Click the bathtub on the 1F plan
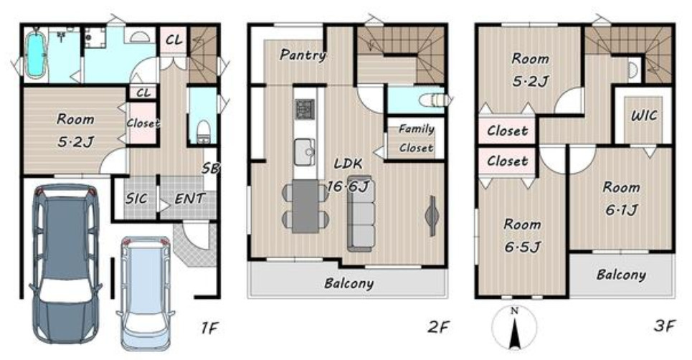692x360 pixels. [35, 55]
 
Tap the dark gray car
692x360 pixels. [65, 263]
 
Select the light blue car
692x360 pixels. [145, 293]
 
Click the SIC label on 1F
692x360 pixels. [136, 199]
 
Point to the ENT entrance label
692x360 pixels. [190, 199]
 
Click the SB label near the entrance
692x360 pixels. [211, 168]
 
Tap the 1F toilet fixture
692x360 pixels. [204, 132]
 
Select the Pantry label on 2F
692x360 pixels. [303, 55]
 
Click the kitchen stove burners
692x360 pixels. [305, 108]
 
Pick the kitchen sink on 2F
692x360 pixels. [305, 152]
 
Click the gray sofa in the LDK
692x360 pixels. [361, 214]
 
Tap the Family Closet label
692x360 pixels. [416, 138]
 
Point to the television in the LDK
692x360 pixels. [432, 216]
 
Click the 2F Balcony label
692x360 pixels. [349, 283]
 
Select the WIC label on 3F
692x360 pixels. [644, 116]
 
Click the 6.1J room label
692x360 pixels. [622, 209]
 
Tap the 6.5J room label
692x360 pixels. [523, 247]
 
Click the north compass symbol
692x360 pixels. [514, 328]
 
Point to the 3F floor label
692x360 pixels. [664, 326]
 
